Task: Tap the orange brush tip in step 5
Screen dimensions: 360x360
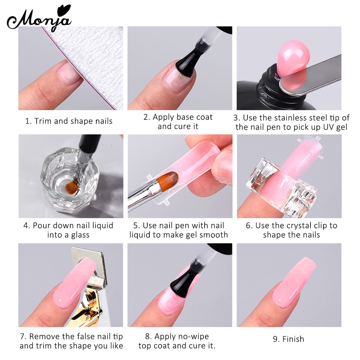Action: click(x=168, y=180)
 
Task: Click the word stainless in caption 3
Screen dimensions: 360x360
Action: click(x=291, y=118)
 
